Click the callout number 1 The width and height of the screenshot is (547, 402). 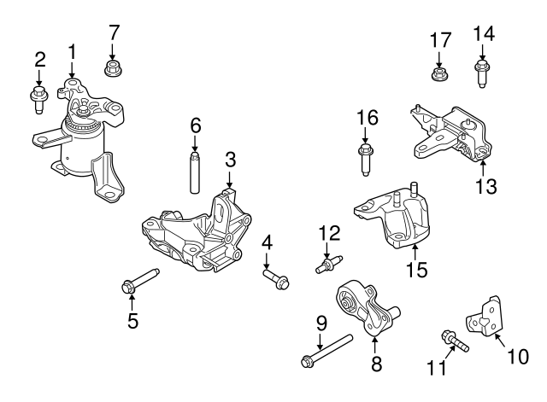[72, 51]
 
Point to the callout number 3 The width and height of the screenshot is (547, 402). [230, 159]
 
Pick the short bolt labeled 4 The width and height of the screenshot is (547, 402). [276, 277]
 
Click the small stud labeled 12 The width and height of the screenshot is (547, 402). [328, 266]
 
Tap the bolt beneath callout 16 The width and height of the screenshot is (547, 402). [365, 158]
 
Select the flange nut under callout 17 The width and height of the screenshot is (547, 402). [438, 72]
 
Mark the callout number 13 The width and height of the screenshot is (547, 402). [485, 185]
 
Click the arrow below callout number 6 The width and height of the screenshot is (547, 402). [196, 143]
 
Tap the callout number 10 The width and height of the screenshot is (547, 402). [519, 358]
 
